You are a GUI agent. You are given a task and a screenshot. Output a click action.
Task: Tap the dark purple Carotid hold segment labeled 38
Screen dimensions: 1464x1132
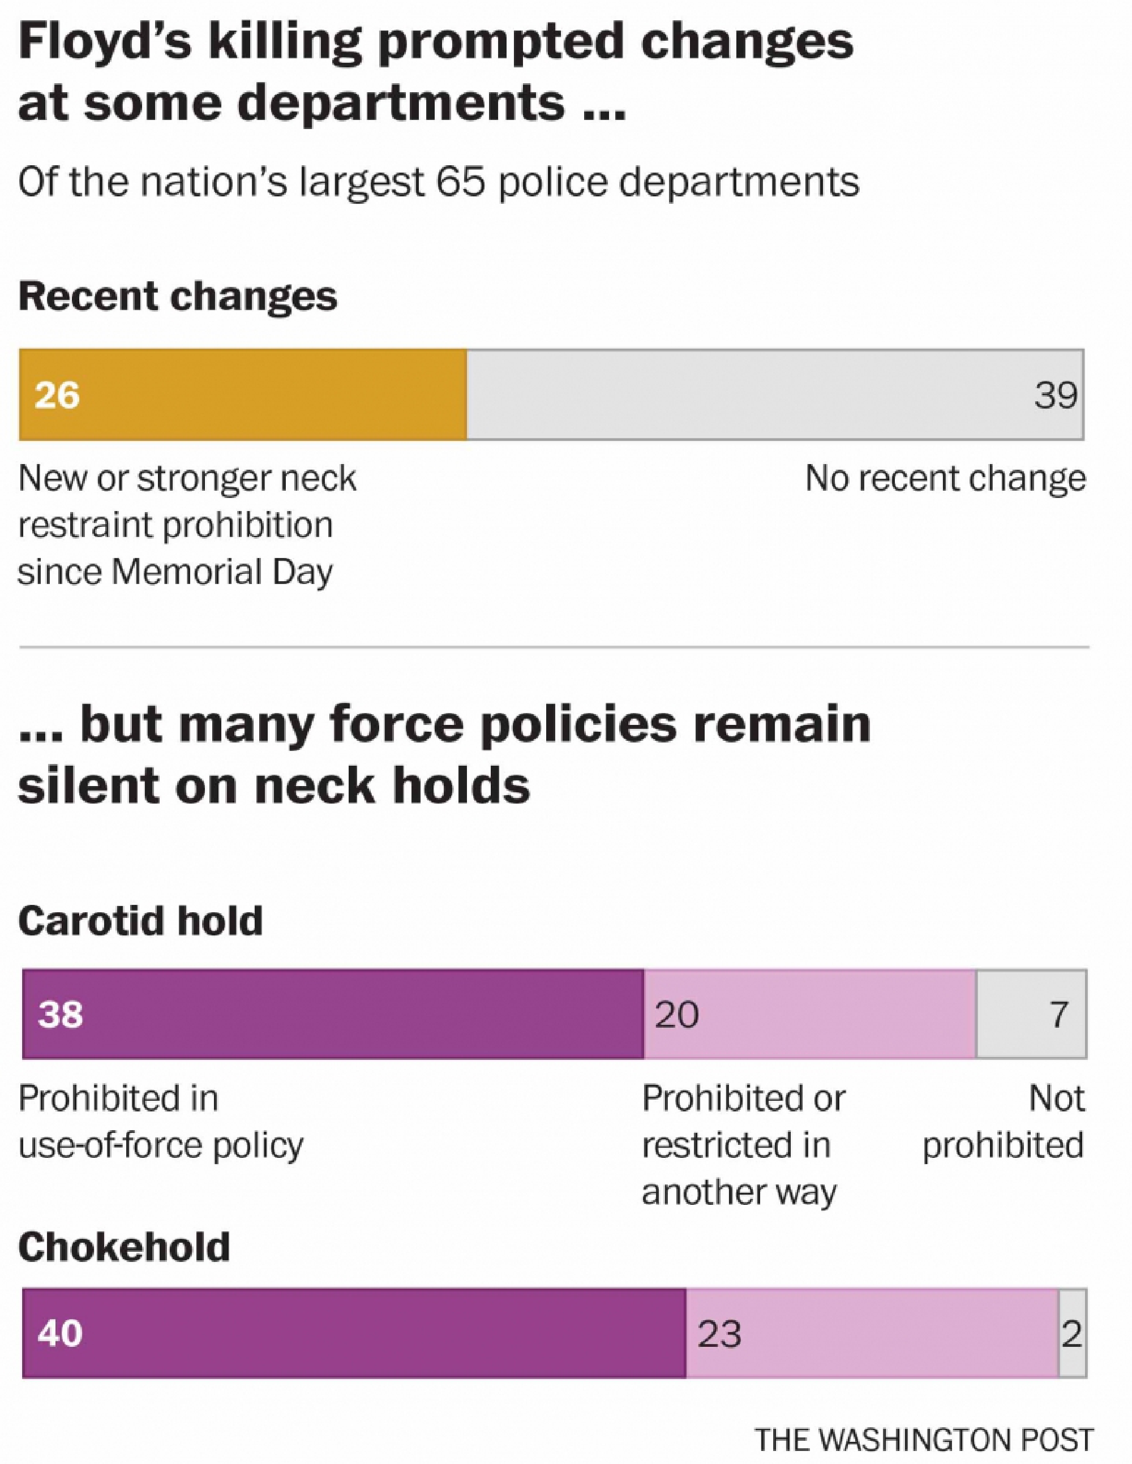333,1014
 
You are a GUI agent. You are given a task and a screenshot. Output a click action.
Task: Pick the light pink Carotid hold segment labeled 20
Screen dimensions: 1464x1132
809,1014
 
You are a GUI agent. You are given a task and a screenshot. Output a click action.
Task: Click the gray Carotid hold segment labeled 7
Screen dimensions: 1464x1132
1031,1014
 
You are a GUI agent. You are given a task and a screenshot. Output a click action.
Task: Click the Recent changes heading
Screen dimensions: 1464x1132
178,297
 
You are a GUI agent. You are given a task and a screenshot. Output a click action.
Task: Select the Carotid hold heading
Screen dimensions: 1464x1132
141,921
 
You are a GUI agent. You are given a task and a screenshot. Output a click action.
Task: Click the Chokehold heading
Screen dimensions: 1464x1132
124,1247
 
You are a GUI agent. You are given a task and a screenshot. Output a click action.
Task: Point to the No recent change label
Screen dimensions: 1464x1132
945,479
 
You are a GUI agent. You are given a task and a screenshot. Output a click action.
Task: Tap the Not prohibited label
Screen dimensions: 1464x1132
1004,1122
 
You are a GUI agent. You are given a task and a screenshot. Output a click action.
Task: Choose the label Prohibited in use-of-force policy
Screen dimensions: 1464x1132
161,1122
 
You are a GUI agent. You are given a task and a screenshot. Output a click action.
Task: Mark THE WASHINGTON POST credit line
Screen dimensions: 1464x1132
924,1440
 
